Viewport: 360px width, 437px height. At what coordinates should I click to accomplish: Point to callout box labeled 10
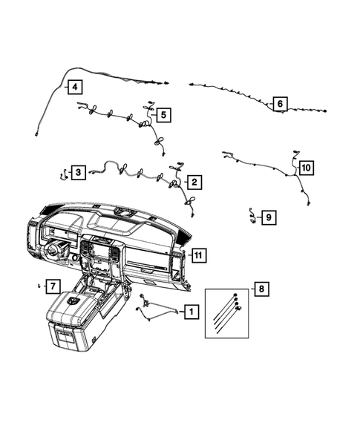point(307,168)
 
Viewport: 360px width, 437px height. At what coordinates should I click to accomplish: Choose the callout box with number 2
point(194,181)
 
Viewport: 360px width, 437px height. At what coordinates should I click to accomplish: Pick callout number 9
point(268,217)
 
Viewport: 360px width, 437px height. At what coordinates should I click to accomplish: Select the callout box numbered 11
point(198,255)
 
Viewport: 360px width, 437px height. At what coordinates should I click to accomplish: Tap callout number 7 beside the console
point(53,286)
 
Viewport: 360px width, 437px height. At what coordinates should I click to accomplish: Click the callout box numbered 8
point(260,289)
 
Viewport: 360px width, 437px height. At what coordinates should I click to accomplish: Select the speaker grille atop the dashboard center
point(122,215)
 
